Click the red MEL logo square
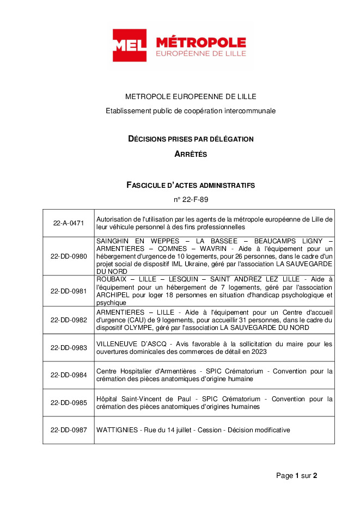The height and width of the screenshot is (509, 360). (x=130, y=45)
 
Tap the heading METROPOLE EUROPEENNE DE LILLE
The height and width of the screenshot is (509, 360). (x=191, y=97)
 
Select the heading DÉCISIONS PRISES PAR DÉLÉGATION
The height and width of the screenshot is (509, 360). (x=191, y=139)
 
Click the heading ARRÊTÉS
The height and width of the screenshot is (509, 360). (x=191, y=154)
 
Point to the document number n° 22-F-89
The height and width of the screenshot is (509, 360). (x=191, y=200)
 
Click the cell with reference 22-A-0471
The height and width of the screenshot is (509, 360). (x=69, y=223)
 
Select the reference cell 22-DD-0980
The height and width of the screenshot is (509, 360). (x=69, y=256)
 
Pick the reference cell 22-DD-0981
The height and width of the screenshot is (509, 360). (x=69, y=291)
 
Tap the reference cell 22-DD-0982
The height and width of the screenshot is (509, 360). (x=69, y=320)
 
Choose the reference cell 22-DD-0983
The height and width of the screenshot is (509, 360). (x=69, y=347)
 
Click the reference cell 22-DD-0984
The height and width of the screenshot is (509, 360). (x=69, y=375)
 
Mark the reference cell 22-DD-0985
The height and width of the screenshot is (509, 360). (x=69, y=402)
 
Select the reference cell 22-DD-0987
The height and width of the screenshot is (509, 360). (x=69, y=430)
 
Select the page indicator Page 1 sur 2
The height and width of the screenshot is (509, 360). (x=296, y=475)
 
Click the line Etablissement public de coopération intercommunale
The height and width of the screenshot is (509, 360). (x=191, y=111)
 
